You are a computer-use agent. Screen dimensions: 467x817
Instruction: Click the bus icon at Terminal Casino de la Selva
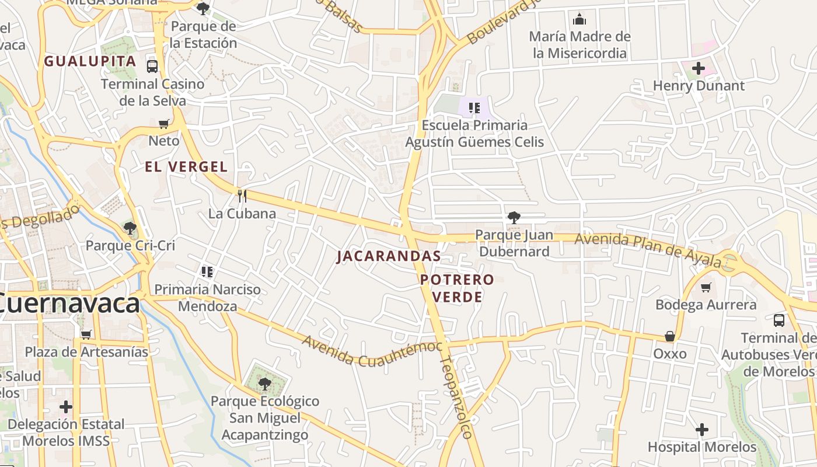tap(152, 67)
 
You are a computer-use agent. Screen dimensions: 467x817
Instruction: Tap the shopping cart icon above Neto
tap(164, 124)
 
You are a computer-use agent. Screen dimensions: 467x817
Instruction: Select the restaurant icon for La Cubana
tap(242, 196)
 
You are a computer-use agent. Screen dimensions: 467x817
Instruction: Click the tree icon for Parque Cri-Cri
tap(130, 228)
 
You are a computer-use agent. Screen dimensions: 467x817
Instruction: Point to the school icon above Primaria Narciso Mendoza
tap(207, 272)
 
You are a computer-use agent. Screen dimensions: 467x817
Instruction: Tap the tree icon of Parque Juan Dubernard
tap(514, 218)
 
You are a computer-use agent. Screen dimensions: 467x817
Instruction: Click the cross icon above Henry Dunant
tap(699, 69)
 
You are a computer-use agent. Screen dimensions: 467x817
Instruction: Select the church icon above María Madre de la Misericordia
tap(579, 19)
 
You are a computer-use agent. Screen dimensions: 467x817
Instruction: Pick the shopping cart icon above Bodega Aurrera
tap(706, 287)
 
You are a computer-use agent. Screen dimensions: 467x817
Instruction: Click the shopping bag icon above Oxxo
tap(670, 337)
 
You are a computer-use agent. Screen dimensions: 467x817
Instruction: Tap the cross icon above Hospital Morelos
tap(702, 430)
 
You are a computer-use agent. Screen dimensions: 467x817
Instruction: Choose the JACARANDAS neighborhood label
tap(389, 256)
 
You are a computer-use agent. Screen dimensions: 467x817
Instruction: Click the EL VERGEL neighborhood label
tap(186, 167)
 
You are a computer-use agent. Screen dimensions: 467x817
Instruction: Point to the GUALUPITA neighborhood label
tap(90, 61)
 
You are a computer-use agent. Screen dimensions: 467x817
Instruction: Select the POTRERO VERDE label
tap(457, 288)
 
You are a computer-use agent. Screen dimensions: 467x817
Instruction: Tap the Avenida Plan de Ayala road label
tap(648, 249)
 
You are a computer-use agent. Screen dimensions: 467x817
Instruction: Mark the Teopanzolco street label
tap(456, 397)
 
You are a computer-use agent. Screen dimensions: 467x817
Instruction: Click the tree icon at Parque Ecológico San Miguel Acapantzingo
tap(265, 384)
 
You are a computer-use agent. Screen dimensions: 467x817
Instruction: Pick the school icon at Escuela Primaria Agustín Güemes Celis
tap(474, 108)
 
